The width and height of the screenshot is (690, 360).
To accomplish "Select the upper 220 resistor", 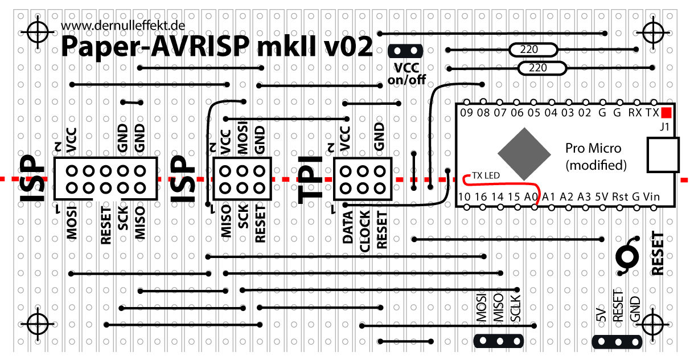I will pyautogui.click(x=529, y=50).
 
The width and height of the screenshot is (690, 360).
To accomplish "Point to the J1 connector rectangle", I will pyautogui.click(x=664, y=155).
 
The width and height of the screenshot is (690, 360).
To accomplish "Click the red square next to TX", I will pyautogui.click(x=666, y=113).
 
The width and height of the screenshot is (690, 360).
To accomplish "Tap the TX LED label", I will pyautogui.click(x=486, y=175).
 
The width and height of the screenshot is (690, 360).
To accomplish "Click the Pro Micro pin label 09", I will pyautogui.click(x=466, y=113).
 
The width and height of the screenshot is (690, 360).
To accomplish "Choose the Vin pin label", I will pyautogui.click(x=651, y=197).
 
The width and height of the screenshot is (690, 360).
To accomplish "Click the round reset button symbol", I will pyautogui.click(x=630, y=257).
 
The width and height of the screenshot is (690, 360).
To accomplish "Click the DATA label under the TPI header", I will pyautogui.click(x=348, y=228).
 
